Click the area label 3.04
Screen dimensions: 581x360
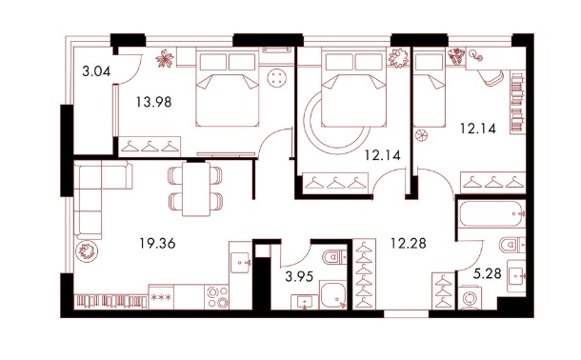tap(96, 70)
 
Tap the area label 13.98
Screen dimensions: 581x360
tap(153, 101)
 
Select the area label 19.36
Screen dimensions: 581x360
tap(157, 244)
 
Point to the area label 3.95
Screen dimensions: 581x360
tap(299, 276)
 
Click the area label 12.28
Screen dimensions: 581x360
tap(409, 244)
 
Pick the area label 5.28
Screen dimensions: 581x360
tap(488, 273)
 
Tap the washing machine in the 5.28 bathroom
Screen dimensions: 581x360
tap(471, 297)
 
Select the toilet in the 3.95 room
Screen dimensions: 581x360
tap(334, 256)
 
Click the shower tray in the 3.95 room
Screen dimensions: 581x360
tap(333, 295)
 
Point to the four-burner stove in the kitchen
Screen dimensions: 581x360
tap(217, 297)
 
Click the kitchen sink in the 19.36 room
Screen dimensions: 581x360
tap(240, 263)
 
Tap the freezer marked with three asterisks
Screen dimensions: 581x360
tap(160, 297)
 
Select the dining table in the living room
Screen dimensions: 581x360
tap(196, 190)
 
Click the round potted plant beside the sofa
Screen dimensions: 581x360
tap(87, 251)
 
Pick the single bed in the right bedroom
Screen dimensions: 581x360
tap(430, 89)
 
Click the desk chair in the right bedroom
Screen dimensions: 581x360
tap(491, 77)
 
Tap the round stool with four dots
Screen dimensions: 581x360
tap(276, 78)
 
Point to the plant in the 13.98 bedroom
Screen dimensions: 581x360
tap(165, 58)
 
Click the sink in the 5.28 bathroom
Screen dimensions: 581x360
tap(516, 273)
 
